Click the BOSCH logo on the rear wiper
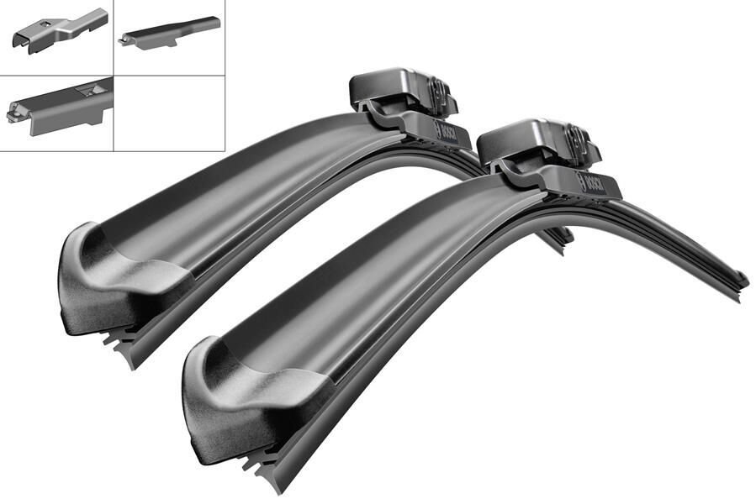point(443,131)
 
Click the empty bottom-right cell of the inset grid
point(169,113)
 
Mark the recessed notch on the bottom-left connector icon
point(83,87)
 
